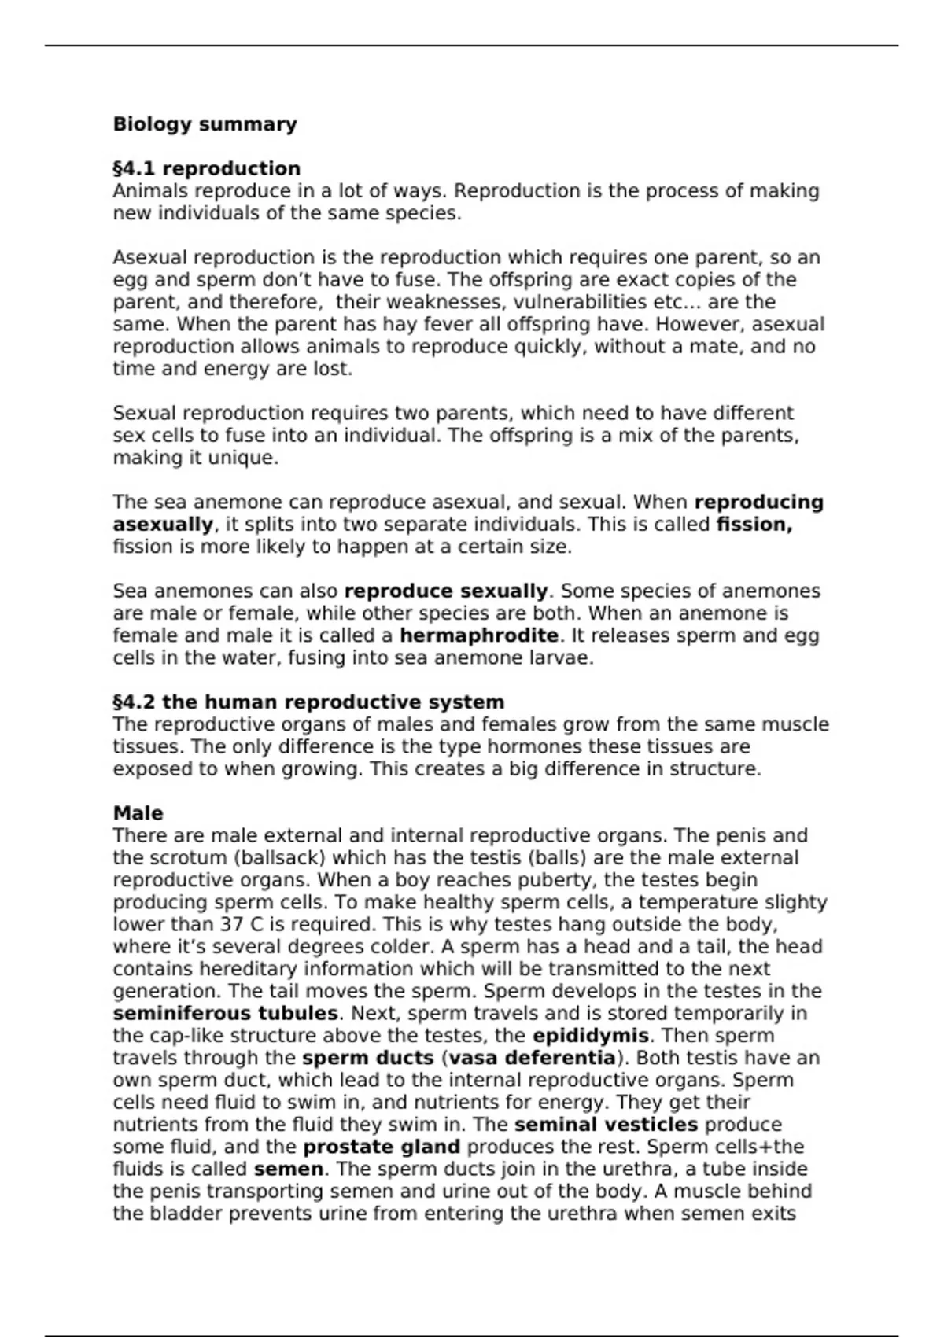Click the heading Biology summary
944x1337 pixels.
click(x=205, y=124)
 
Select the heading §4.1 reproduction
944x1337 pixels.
click(x=206, y=168)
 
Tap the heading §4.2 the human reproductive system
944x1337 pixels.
click(x=308, y=702)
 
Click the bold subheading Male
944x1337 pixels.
click(x=138, y=812)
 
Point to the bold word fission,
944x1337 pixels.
click(x=754, y=525)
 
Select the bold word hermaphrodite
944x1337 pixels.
click(x=479, y=635)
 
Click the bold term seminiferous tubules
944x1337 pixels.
click(x=225, y=1013)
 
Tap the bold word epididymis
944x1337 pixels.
click(x=590, y=1035)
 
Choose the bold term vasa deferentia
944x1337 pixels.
click(x=532, y=1058)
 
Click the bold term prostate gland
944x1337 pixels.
click(x=382, y=1147)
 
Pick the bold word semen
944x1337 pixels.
click(x=288, y=1169)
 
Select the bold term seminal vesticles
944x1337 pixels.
click(x=606, y=1125)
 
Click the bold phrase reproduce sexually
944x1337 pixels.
click(x=446, y=591)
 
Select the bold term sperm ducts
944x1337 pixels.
click(x=367, y=1058)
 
